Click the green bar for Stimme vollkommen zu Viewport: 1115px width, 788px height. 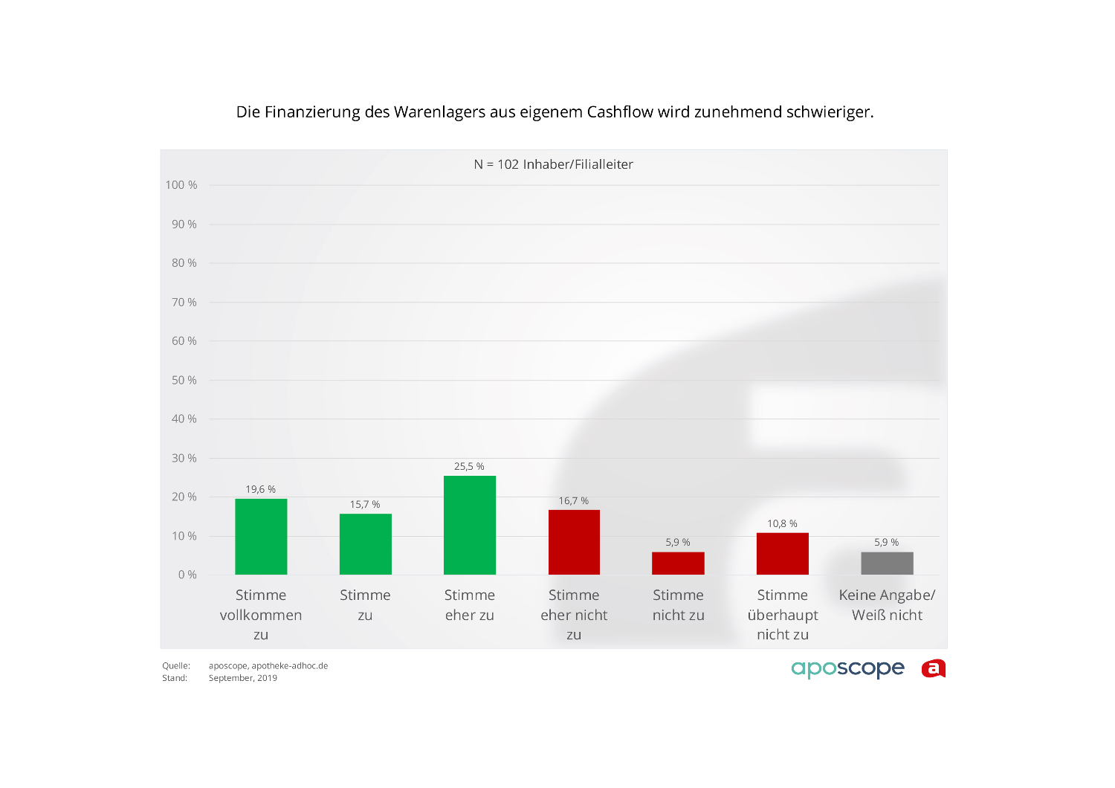[261, 537]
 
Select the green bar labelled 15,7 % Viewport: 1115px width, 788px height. [365, 544]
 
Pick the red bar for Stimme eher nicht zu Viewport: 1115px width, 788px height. [574, 542]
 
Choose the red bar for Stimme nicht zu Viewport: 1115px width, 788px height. [678, 563]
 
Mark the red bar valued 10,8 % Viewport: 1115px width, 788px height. [782, 554]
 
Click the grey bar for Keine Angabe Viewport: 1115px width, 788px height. [887, 563]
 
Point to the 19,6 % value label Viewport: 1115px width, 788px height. [261, 489]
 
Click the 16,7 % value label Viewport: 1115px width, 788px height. [574, 501]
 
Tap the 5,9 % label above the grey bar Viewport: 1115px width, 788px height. [887, 543]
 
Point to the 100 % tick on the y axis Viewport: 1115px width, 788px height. [181, 185]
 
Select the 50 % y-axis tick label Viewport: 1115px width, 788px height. [184, 381]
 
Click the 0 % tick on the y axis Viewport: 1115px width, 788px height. [187, 575]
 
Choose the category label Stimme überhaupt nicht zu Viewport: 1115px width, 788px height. [782, 615]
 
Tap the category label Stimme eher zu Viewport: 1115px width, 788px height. [470, 605]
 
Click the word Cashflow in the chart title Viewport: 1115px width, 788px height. [620, 112]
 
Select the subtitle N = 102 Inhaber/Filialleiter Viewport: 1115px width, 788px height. [554, 164]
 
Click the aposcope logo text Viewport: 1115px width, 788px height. [847, 669]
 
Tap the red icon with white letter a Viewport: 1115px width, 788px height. [934, 669]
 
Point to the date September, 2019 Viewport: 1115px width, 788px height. [243, 678]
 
